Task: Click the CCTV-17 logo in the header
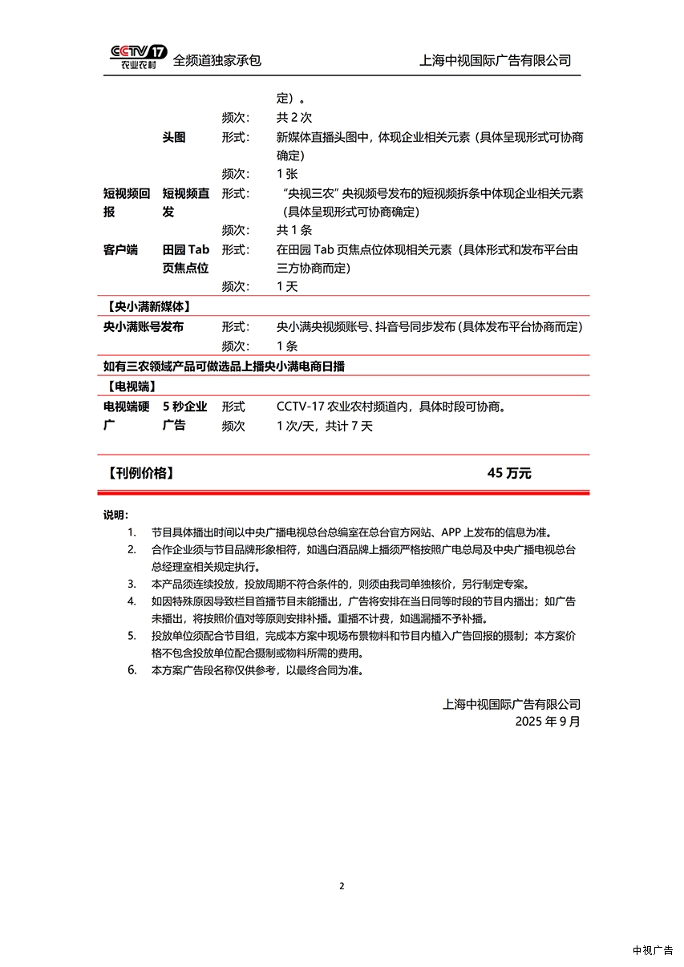[139, 55]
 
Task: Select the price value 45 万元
[509, 473]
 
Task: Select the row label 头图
[174, 137]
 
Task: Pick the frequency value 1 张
[286, 173]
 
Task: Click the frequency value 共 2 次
[294, 118]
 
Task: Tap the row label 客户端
[120, 249]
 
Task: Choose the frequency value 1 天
[286, 286]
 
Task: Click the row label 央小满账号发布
[144, 326]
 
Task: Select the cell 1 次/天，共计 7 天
[325, 426]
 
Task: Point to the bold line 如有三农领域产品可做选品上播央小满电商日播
[224, 366]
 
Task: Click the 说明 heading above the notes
[115, 515]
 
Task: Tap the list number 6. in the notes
[132, 670]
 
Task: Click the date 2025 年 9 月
[548, 721]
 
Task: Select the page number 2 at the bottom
[342, 886]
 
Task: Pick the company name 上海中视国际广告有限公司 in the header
[496, 60]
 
